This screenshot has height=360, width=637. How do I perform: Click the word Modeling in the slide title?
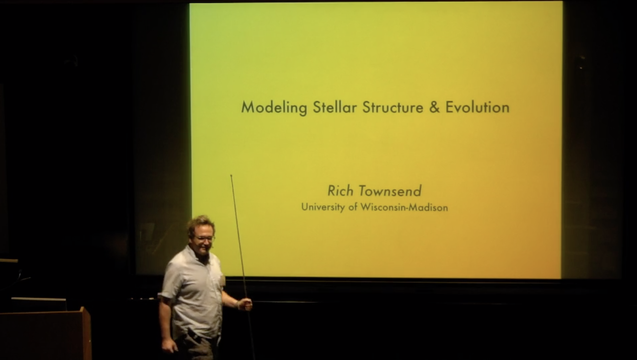pos(274,108)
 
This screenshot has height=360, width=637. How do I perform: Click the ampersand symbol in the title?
pos(434,107)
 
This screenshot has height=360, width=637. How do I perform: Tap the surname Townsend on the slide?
pos(390,191)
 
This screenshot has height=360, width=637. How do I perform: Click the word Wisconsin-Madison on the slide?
pos(404,207)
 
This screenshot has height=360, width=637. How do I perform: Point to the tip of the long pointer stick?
pos(231,176)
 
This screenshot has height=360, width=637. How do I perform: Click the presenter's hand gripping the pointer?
pos(245,304)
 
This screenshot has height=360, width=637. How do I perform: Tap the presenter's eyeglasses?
pos(204,238)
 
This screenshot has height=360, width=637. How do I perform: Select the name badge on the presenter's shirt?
pos(223,280)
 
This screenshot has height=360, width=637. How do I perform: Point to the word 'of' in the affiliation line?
pos(353,207)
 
